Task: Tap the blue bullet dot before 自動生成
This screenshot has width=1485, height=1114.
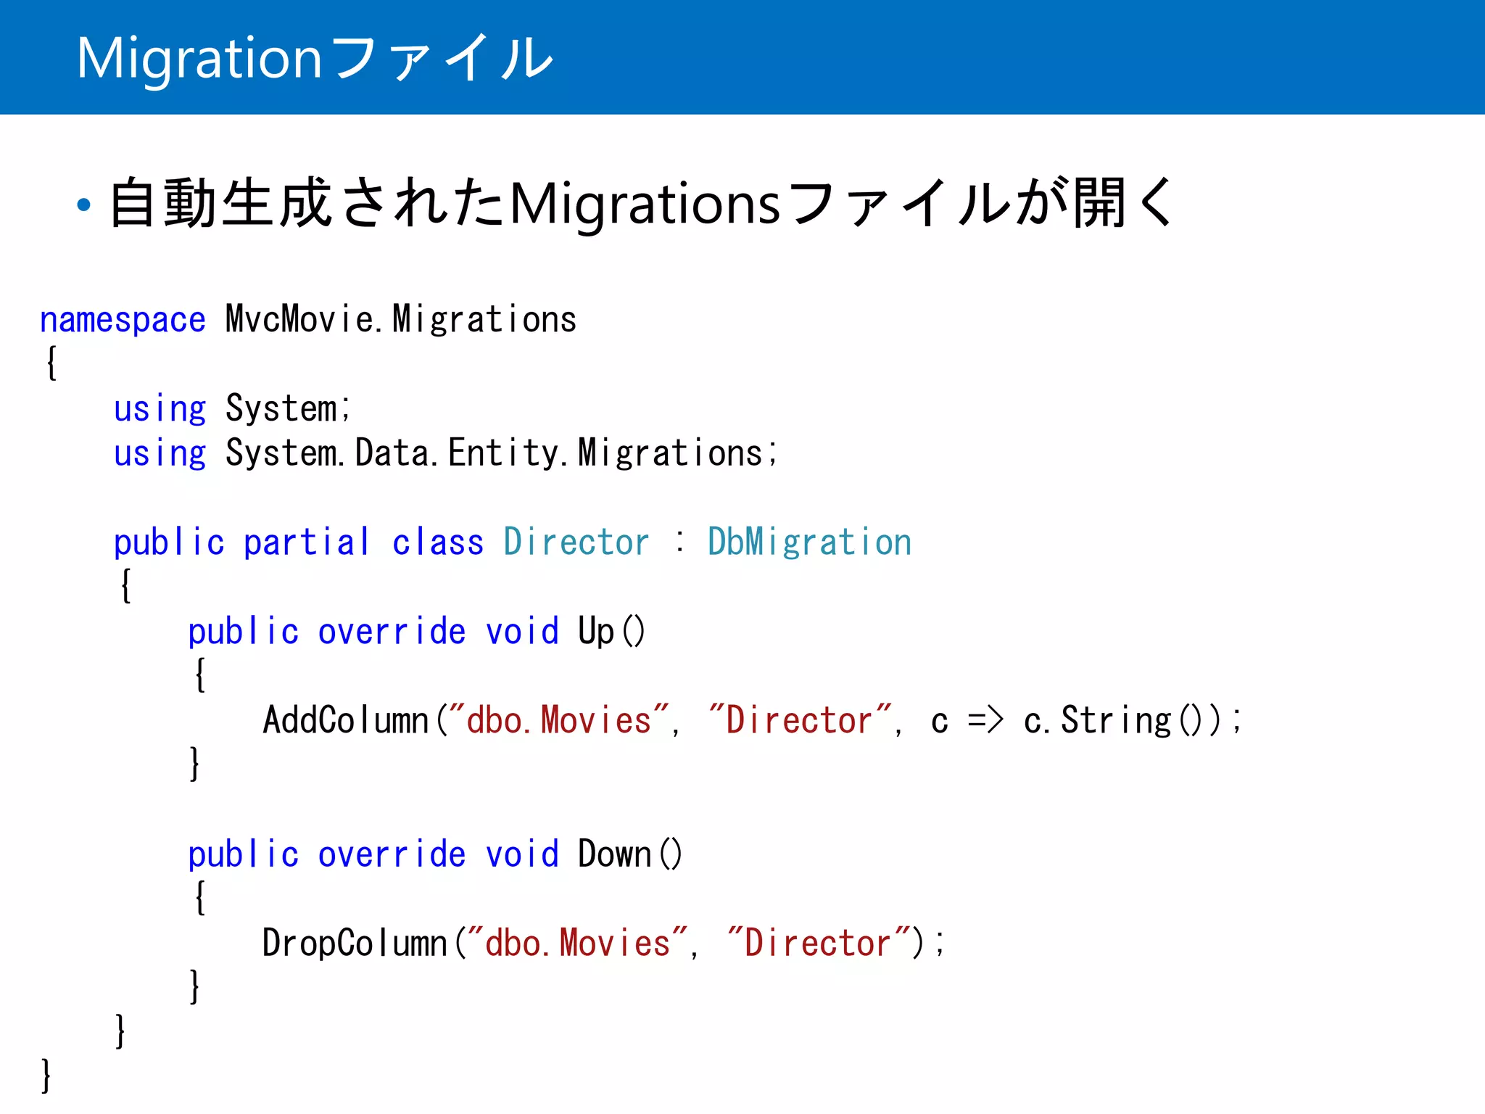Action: [84, 205]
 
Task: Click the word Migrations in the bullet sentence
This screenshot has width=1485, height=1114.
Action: [645, 205]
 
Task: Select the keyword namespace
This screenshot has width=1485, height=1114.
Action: [123, 321]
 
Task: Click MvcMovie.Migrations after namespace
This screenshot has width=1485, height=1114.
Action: [401, 319]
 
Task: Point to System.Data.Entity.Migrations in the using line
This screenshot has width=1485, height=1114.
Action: [500, 453]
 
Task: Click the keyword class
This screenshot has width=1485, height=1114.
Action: [438, 542]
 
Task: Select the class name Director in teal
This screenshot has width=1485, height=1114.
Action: [576, 542]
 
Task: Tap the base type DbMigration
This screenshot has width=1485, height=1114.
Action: [809, 542]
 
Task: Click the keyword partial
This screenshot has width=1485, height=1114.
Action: [307, 542]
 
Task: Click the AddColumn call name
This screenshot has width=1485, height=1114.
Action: [347, 720]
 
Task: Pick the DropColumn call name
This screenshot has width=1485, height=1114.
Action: [355, 944]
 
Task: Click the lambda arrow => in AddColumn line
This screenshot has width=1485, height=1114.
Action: [985, 720]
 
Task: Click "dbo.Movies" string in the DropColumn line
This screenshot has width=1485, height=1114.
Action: [577, 943]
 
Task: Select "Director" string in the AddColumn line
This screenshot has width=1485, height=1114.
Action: [800, 720]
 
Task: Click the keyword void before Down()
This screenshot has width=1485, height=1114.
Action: [522, 854]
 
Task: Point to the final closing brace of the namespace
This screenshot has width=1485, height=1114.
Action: [46, 1076]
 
